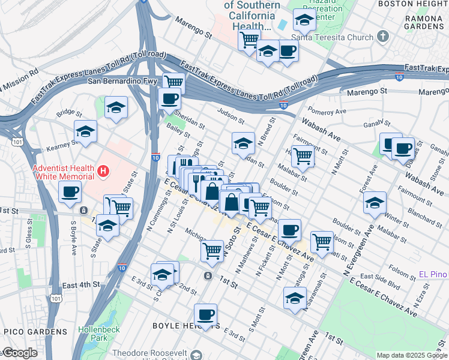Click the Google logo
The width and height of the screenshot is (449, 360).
20,353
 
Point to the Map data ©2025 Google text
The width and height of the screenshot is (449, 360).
411,355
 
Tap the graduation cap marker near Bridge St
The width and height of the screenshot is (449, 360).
116,108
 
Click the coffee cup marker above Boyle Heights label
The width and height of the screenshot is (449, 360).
205,314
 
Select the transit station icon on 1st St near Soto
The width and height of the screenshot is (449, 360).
208,276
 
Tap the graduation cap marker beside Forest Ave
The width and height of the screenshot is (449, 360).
375,203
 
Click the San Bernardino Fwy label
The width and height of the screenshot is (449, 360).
123,80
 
